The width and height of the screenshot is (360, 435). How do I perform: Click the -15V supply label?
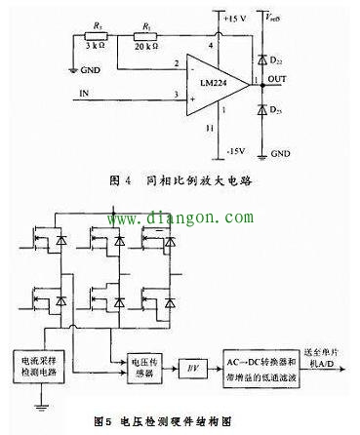click(234, 153)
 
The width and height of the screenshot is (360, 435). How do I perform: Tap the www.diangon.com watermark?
click(181, 219)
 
